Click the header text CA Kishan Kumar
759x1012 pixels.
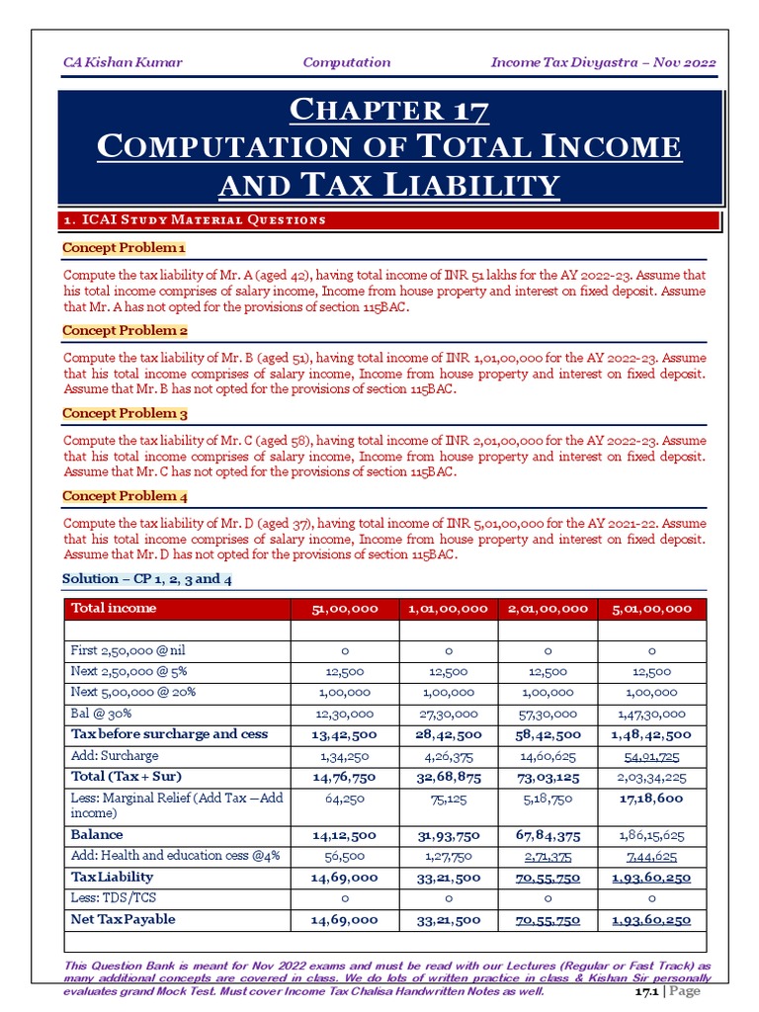coord(123,62)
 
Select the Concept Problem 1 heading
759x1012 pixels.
coord(125,247)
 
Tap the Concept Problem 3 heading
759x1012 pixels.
coord(125,413)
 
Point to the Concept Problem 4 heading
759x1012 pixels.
coord(125,496)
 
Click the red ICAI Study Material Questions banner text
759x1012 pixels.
coord(195,219)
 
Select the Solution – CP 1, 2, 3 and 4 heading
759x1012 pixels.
coord(147,579)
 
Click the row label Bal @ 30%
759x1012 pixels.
coord(102,714)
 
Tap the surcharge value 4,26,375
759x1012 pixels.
coord(447,755)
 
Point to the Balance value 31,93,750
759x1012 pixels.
coord(447,835)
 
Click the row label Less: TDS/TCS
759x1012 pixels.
coord(114,897)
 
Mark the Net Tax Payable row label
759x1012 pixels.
coord(124,919)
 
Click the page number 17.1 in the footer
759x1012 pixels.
coord(647,991)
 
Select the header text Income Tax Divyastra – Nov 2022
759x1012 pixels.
coord(603,62)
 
